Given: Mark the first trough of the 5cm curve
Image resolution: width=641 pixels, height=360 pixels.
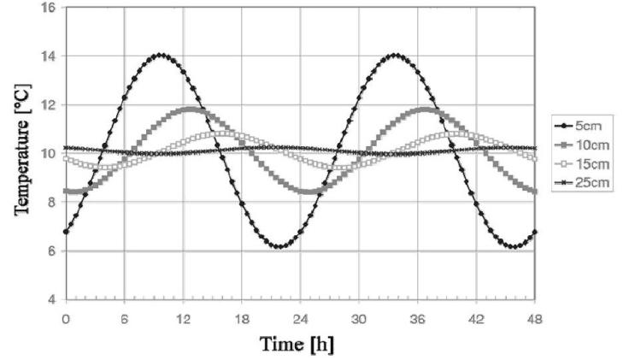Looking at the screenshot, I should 278,246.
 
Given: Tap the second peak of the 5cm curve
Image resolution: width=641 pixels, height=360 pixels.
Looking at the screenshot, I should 394,56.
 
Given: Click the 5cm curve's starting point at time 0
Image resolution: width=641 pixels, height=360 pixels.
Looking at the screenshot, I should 66,232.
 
